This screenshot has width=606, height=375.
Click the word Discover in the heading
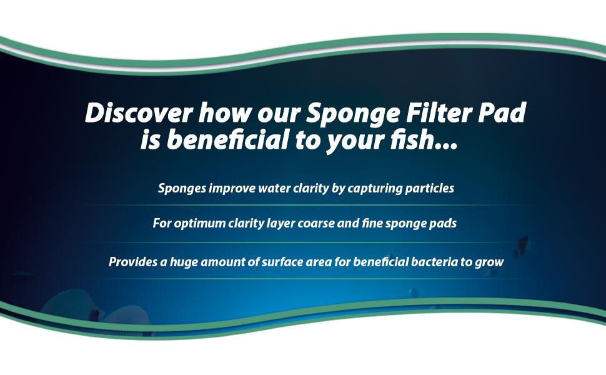139,113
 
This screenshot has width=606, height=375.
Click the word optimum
200,224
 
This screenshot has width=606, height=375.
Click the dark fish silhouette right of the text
523,245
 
